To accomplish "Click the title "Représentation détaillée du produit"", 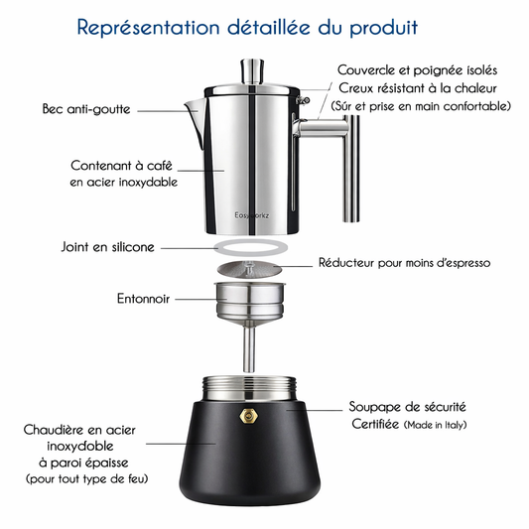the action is (x=247, y=28).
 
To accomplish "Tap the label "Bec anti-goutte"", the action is (x=86, y=109).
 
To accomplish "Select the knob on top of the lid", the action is (x=252, y=71).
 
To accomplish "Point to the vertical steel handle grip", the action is (x=351, y=169).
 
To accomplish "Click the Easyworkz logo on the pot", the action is (x=252, y=215).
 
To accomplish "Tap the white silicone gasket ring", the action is (x=251, y=248).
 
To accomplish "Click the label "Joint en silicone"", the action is (x=107, y=247).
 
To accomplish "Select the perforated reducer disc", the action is (x=250, y=268).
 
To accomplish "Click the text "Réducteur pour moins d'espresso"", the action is (x=404, y=263).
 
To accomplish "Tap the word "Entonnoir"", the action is (x=143, y=299).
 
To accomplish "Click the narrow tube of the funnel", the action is (x=249, y=349).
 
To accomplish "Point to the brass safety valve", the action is (x=248, y=416).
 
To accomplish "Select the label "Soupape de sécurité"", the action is (x=407, y=407).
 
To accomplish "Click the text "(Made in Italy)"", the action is (x=436, y=425).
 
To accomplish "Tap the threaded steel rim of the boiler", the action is (x=249, y=388).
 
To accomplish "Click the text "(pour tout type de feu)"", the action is (x=87, y=478).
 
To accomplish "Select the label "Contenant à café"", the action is (x=121, y=166).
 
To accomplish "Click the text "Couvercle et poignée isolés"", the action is (x=417, y=70).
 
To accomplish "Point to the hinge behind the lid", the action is (x=303, y=100).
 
